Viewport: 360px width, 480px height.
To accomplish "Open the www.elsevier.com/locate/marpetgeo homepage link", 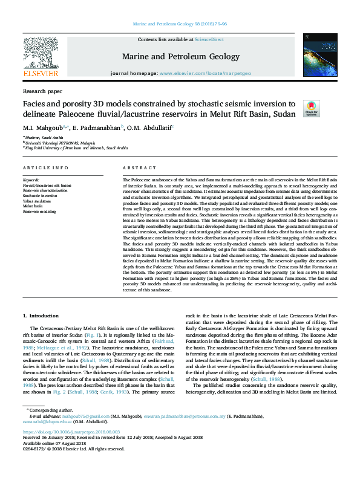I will pyautogui.click(x=204, y=73).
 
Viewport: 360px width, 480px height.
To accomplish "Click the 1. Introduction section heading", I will pyautogui.click(x=41, y=316).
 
